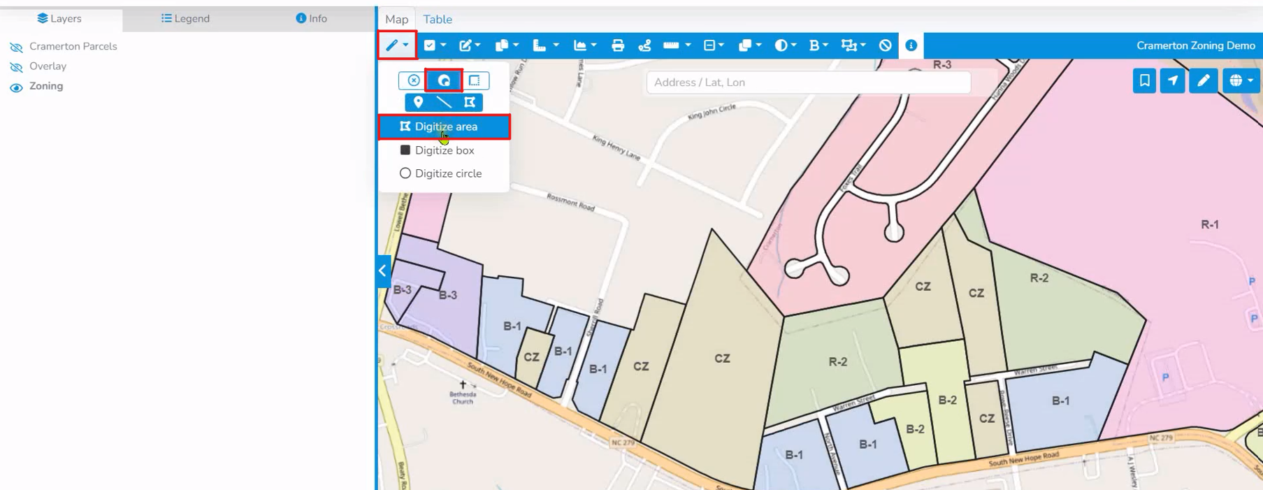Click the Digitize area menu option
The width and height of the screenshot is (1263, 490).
(x=445, y=127)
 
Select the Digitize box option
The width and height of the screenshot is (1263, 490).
(x=444, y=150)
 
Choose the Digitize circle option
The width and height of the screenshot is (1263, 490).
(x=447, y=173)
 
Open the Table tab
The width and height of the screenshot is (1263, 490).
(x=438, y=20)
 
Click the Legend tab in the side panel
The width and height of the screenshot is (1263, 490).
(x=185, y=19)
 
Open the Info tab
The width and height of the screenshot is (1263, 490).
(x=311, y=19)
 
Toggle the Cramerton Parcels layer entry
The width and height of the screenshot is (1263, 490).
(x=73, y=46)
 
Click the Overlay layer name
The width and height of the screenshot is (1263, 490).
(x=48, y=66)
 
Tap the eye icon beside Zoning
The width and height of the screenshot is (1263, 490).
(x=16, y=87)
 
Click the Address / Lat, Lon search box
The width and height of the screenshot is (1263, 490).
(x=808, y=82)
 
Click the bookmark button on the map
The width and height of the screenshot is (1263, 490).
(x=1144, y=81)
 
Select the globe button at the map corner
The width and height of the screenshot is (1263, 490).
(x=1241, y=81)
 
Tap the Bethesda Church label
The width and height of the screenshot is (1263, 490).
(x=463, y=397)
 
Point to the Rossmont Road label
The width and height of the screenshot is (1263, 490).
(x=571, y=202)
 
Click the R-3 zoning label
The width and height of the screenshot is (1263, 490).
(x=941, y=65)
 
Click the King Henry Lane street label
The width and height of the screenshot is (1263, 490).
(x=616, y=147)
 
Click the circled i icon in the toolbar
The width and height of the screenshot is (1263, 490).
(x=911, y=45)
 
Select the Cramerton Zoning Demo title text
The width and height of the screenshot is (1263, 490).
(x=1195, y=45)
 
